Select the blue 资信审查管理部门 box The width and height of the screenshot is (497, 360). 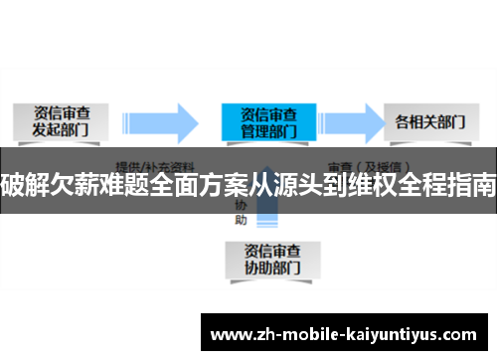pyautogui.click(x=268, y=121)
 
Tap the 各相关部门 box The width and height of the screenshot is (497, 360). pyautogui.click(x=430, y=121)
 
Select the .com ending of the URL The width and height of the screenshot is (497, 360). pyautogui.click(x=460, y=333)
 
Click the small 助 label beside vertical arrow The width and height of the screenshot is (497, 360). pyautogui.click(x=241, y=220)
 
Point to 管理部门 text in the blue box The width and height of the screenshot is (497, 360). pyautogui.click(x=268, y=130)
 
